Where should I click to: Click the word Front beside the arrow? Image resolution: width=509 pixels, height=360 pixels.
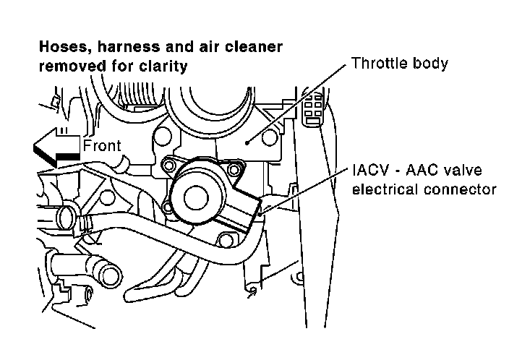[102, 145]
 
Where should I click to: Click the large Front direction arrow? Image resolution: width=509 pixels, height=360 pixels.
[54, 147]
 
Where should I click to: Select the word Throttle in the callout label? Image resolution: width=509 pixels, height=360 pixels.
[377, 63]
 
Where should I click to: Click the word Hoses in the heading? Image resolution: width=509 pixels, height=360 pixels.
[59, 47]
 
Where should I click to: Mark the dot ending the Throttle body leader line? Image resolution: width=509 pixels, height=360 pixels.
[247, 143]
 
